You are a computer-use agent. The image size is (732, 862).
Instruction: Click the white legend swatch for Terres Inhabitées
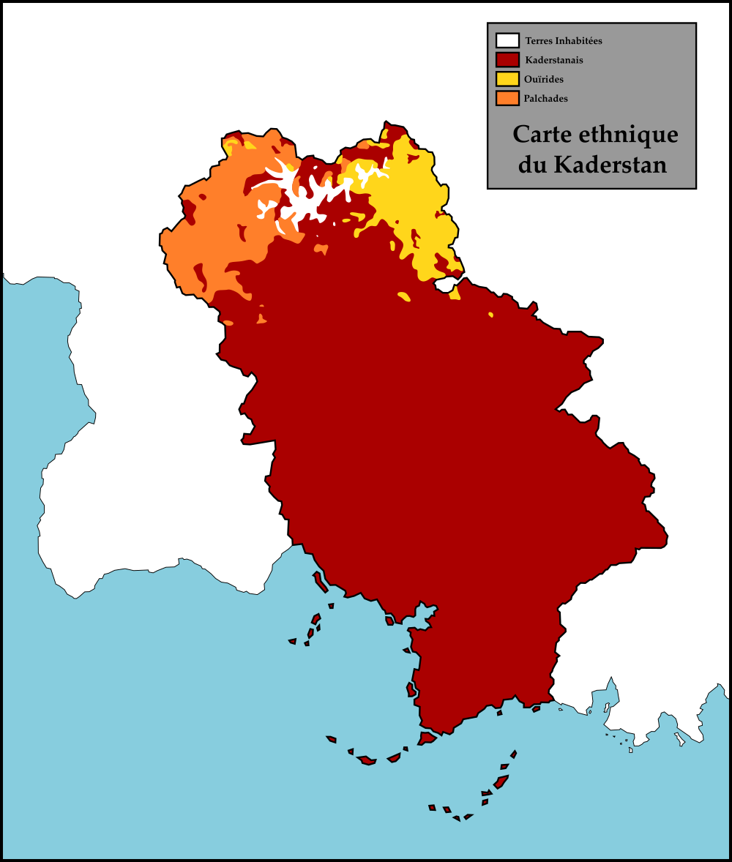click(507, 41)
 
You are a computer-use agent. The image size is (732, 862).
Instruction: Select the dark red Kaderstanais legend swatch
click(507, 60)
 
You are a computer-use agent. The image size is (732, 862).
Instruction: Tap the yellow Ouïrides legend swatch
click(507, 79)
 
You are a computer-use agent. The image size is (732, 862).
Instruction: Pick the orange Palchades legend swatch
click(507, 98)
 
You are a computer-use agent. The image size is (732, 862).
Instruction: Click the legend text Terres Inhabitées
click(564, 41)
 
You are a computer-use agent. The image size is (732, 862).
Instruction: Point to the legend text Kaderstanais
click(554, 60)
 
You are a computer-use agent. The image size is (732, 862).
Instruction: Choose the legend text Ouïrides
click(544, 79)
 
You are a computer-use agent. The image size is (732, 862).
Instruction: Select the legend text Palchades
click(546, 98)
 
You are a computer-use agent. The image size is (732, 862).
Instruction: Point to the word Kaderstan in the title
click(610, 165)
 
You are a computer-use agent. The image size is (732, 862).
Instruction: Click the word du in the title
click(531, 165)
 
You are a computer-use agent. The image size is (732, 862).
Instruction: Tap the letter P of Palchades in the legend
click(527, 98)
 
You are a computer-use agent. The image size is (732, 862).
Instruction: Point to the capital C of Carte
click(521, 135)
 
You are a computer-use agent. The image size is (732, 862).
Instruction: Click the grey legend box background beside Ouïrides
click(630, 79)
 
